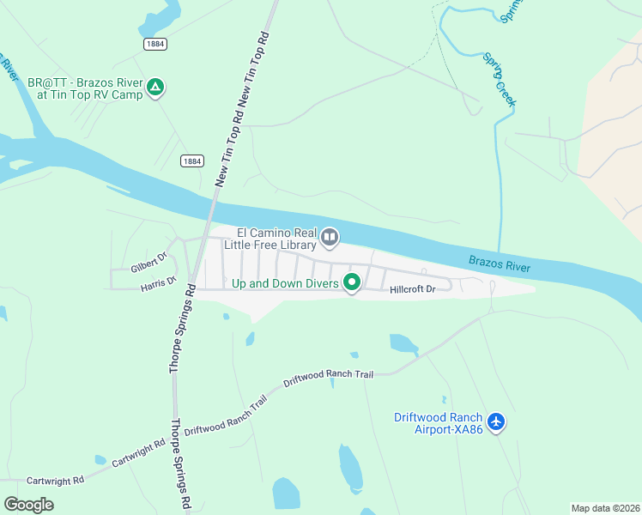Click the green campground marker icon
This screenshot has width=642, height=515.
click(x=155, y=87)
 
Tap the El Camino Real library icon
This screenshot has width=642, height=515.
click(x=330, y=237)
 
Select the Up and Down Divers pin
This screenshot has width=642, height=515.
click(x=351, y=282)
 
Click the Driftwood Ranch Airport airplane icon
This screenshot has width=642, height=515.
click(x=495, y=421)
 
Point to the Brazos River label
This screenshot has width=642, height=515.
click(x=500, y=263)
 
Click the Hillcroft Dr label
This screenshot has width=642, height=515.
click(x=414, y=289)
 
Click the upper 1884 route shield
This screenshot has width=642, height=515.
click(x=154, y=42)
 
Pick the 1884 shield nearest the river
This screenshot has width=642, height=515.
click(x=192, y=161)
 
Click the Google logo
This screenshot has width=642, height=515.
click(x=28, y=505)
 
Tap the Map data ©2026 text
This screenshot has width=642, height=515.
click(x=605, y=508)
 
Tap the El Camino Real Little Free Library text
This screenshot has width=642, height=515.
click(x=270, y=239)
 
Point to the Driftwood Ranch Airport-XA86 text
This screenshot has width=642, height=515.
click(x=438, y=423)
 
